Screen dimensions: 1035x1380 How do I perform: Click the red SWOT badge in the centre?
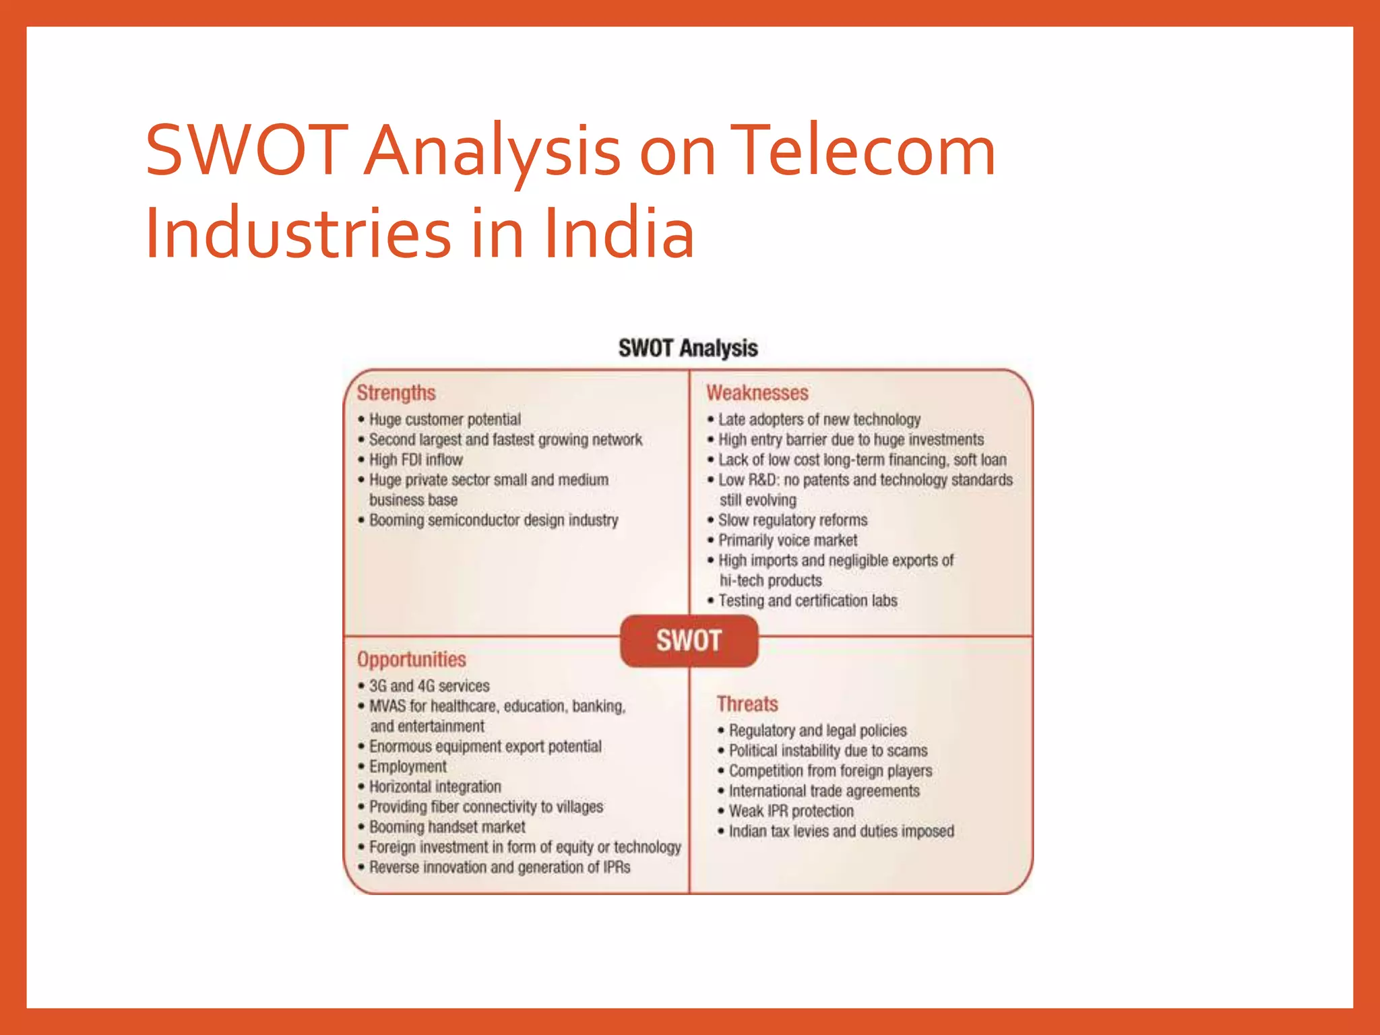(x=689, y=640)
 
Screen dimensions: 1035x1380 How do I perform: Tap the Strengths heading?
(x=396, y=393)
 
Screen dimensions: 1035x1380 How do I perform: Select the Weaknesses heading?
(x=757, y=393)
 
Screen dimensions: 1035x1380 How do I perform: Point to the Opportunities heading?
(x=411, y=659)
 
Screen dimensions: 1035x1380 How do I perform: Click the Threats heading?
(x=747, y=704)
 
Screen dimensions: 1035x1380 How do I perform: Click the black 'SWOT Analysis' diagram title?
(x=688, y=348)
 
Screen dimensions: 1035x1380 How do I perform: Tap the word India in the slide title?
(x=619, y=233)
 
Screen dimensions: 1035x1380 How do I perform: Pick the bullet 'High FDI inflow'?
(x=415, y=460)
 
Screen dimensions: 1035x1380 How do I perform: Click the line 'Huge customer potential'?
(x=445, y=419)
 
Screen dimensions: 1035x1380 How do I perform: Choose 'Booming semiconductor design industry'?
(x=493, y=520)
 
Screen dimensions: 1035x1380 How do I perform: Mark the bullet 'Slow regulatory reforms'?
(x=792, y=520)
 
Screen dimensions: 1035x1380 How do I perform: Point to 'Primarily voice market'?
(x=787, y=540)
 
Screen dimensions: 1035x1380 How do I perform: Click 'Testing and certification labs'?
(x=807, y=600)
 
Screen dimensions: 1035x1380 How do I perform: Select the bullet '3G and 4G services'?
(x=429, y=686)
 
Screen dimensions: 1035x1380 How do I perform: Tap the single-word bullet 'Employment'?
(x=407, y=767)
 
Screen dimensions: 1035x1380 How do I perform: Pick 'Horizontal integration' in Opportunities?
(x=435, y=787)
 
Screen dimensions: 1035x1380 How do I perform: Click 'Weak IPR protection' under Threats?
(x=790, y=811)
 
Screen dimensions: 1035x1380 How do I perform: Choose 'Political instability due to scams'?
(x=827, y=751)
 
